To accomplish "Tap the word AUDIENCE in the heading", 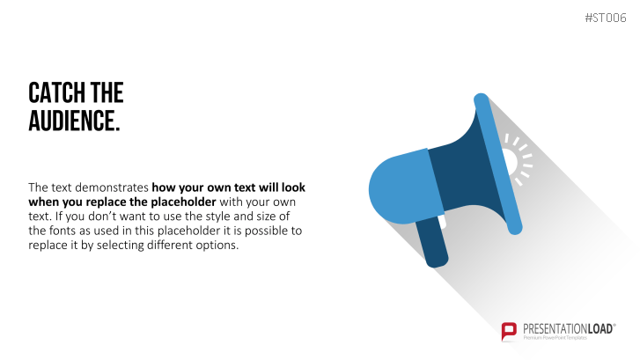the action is pos(72,121).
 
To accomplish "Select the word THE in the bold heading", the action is pos(107,92).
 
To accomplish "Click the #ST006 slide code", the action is pos(606,18).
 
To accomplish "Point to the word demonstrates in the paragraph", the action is pos(112,187).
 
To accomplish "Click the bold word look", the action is pos(293,187).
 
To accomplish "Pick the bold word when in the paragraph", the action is pos(44,202).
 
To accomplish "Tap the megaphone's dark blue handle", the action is pos(432,242).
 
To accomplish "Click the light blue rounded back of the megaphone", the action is pos(402,187).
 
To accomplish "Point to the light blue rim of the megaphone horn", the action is pos(498,164).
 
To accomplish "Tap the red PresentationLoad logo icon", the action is pos(509,331).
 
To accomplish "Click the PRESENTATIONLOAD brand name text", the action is pos(568,329).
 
